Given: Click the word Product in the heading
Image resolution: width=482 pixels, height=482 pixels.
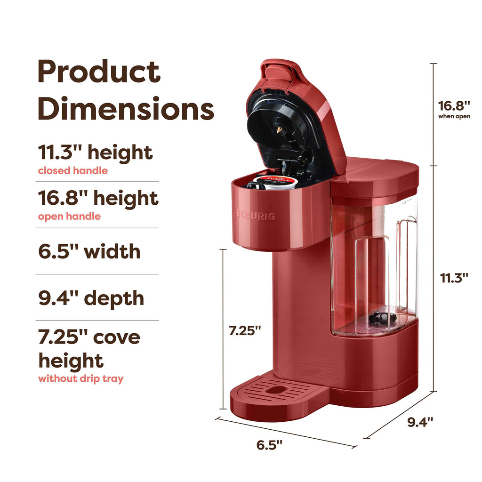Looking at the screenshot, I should [x=99, y=73].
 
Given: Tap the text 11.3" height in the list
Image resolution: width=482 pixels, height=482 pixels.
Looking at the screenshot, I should [x=95, y=153].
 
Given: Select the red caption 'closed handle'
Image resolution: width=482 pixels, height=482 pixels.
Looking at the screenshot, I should [x=72, y=171].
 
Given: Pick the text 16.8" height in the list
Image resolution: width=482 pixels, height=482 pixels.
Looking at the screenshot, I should [x=98, y=198].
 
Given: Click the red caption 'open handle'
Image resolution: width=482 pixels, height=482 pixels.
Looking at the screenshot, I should [x=69, y=217].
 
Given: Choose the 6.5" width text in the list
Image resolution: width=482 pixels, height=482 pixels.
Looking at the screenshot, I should [x=89, y=251].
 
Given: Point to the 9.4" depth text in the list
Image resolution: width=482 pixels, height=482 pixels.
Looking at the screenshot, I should [x=91, y=297].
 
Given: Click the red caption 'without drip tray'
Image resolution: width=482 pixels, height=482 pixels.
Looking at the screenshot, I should [x=80, y=378].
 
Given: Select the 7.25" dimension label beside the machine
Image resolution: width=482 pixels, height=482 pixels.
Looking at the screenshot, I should [x=245, y=331].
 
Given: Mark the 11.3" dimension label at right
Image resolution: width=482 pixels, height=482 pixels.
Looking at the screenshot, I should [x=454, y=278].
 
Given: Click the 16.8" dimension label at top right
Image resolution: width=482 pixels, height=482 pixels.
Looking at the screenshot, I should [x=454, y=105].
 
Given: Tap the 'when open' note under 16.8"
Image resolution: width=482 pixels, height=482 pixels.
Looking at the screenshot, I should [x=454, y=116].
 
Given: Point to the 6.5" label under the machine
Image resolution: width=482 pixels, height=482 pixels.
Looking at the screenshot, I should [x=269, y=445].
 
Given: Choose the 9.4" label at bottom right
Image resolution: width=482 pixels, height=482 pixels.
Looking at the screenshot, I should [x=420, y=422].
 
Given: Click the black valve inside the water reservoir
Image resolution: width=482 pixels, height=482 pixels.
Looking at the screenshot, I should [x=381, y=318].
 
